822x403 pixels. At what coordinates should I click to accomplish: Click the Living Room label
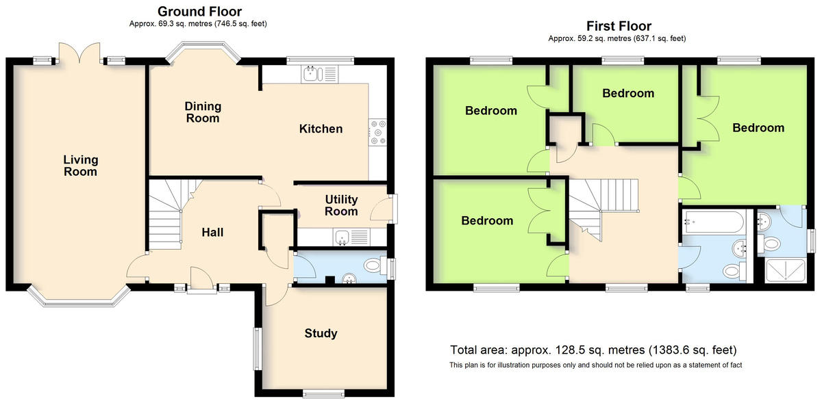tap(80, 166)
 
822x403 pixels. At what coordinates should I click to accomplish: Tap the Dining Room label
tap(203, 112)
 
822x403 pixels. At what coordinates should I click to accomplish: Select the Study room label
tap(321, 333)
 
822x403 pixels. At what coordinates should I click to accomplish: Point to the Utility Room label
tap(341, 205)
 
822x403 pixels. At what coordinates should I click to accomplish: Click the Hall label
tap(212, 232)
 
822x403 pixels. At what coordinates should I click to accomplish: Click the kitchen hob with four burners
tap(377, 132)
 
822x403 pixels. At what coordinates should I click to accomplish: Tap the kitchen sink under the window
tap(320, 74)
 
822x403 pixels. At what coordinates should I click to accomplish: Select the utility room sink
tap(351, 237)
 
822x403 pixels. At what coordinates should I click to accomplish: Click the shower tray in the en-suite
tap(785, 270)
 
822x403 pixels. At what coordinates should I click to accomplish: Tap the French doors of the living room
tap(79, 53)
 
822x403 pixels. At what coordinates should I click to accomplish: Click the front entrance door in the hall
tap(201, 281)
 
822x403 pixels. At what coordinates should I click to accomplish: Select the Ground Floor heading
tap(199, 12)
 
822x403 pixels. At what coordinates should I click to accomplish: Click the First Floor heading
tap(619, 26)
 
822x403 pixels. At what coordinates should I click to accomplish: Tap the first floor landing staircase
tap(603, 210)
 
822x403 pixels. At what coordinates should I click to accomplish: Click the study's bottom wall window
tap(323, 394)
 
